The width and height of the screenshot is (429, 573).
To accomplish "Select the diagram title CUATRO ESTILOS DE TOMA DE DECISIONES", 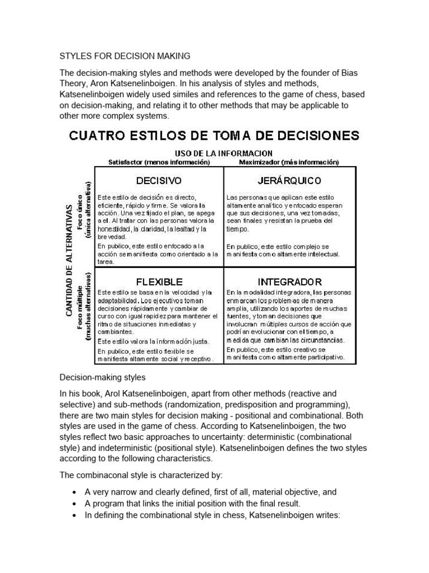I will [x=214, y=136].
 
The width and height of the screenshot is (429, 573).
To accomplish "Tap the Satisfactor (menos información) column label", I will [x=159, y=162].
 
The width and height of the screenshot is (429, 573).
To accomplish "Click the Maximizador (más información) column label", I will [x=289, y=162].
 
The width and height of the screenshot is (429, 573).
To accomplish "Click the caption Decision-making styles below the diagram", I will [x=103, y=377].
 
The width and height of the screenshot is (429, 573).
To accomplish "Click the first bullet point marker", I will [x=75, y=492].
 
